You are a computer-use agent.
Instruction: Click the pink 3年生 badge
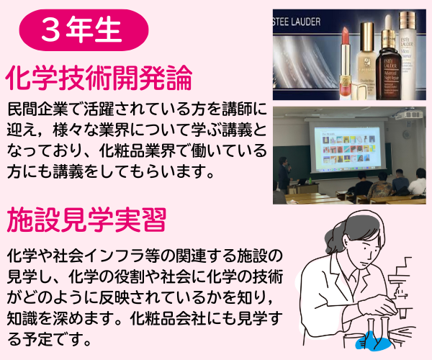pos(84,30)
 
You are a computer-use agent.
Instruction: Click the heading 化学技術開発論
pos(99,78)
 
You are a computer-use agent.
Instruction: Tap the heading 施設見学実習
pos(86,220)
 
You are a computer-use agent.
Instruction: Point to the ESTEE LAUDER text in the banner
pos(297,22)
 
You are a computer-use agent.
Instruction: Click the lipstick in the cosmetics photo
pos(348,63)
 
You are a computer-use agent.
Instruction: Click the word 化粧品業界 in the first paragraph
pos(137,150)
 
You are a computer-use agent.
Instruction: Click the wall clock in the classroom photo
pos(406,134)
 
